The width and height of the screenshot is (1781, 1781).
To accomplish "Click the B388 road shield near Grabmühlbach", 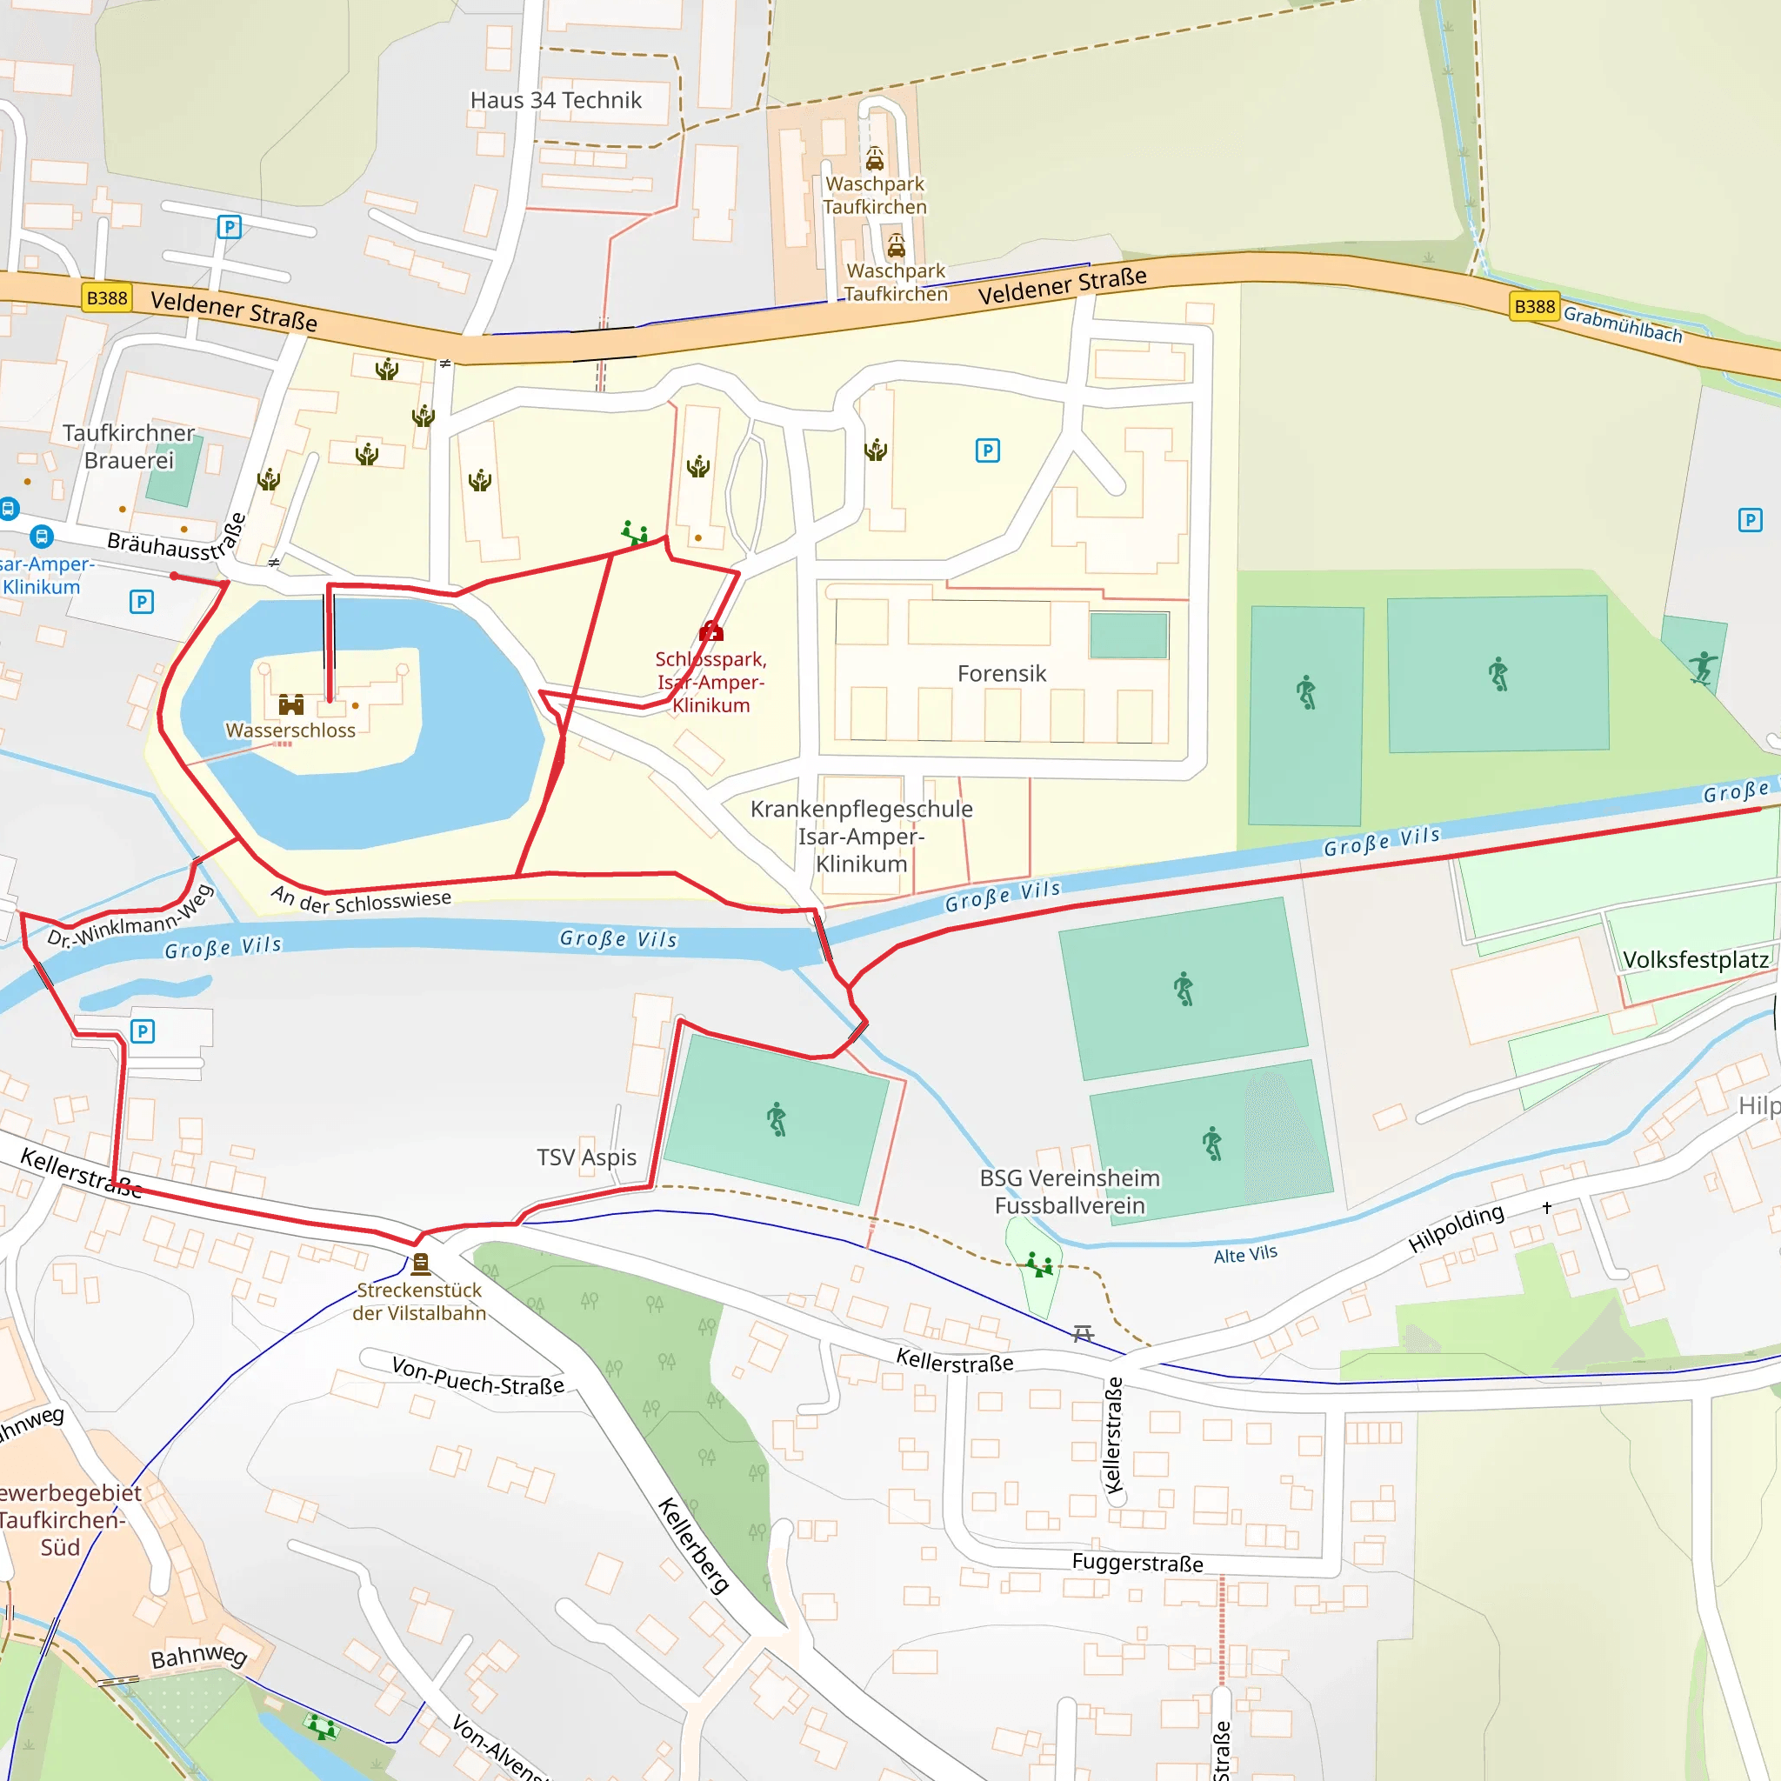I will [1534, 306].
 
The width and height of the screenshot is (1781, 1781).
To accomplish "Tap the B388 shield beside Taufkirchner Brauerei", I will [107, 297].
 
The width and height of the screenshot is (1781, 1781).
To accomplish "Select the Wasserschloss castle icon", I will [291, 705].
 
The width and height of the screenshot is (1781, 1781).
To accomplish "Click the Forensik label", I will [1001, 674].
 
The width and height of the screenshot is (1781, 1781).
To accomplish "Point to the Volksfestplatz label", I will [1695, 960].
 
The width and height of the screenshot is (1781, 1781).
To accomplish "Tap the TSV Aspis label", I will [586, 1157].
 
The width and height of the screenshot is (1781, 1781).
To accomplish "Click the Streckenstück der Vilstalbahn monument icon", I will [420, 1263].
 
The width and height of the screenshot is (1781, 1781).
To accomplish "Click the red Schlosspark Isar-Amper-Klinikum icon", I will [710, 631].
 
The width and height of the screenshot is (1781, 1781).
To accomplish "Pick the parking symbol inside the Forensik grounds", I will [987, 450].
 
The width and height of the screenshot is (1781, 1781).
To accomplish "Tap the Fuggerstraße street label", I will [1137, 1563].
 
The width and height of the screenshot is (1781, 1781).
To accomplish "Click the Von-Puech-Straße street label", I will [477, 1376].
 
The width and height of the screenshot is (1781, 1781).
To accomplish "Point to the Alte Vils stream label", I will [1244, 1255].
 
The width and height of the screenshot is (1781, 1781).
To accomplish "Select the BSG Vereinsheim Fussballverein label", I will [1070, 1191].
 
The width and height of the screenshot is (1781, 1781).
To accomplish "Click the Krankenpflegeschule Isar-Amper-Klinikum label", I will [861, 836].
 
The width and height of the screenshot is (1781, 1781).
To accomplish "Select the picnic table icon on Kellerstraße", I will [1084, 1333].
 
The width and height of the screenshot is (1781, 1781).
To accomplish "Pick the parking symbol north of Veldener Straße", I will [229, 227].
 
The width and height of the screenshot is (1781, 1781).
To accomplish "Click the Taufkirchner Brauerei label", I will [128, 446].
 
